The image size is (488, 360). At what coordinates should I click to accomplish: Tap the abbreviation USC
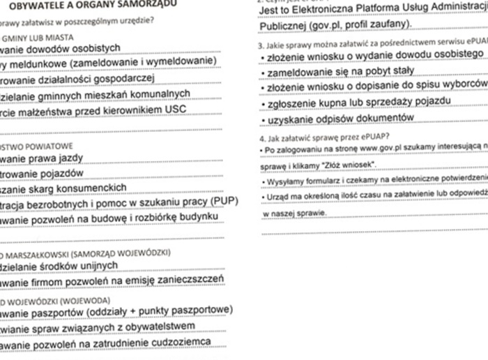click(178, 110)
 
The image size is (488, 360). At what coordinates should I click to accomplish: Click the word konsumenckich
click(91, 188)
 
